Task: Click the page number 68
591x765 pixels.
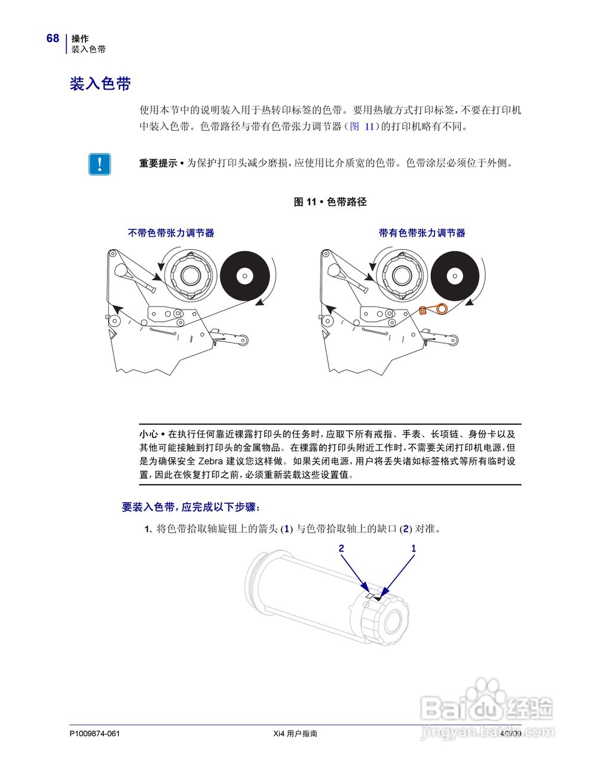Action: coord(53,38)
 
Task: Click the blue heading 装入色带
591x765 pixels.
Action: coord(100,84)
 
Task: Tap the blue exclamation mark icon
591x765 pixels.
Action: coord(99,164)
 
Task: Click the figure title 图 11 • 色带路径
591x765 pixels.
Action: coord(330,202)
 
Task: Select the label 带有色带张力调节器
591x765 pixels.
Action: coord(422,233)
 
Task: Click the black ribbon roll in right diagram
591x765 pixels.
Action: coord(455,276)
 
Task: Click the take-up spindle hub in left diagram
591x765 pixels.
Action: coord(190,275)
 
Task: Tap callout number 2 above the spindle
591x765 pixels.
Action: coord(341,548)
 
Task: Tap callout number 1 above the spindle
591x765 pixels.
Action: coord(414,548)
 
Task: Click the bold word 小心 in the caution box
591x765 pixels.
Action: coord(148,434)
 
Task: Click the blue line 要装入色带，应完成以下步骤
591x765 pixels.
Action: coord(191,507)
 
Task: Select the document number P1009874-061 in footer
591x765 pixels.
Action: coord(94,734)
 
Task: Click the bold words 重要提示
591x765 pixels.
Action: coord(158,163)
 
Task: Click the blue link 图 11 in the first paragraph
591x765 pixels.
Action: coord(362,127)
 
